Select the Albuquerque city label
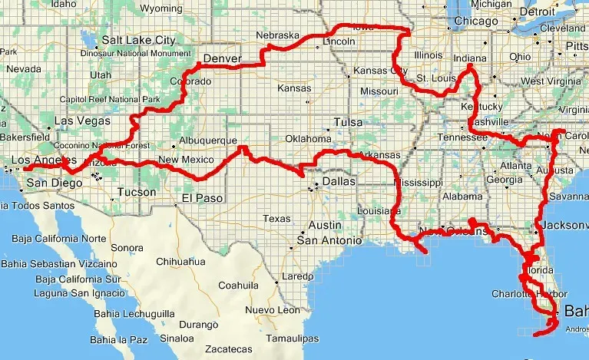coord(208,140)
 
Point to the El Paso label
coord(201,198)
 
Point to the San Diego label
coord(54,183)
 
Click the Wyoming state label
coord(160,8)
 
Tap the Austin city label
coord(325,226)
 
